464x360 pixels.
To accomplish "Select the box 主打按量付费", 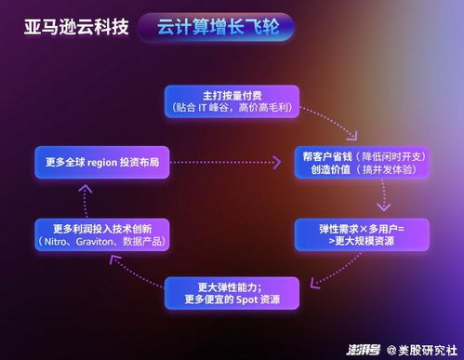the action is [232, 100].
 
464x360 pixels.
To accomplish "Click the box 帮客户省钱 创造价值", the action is [362, 163].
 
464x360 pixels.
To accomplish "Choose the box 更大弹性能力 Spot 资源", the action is [232, 292].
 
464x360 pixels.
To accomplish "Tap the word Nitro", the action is [69, 242].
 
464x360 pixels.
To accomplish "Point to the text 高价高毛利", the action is [263, 108].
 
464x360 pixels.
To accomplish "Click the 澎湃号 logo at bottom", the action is [361, 349].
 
